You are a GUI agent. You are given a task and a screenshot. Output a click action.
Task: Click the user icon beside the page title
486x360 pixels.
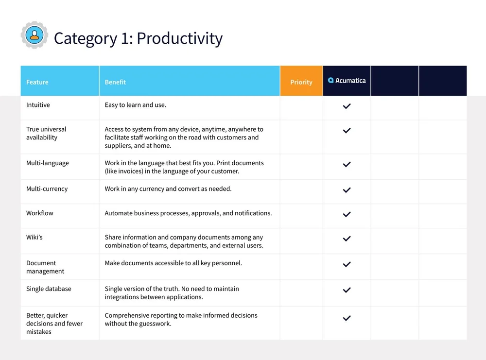[x=34, y=35]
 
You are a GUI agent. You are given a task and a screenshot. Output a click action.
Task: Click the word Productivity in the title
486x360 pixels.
[x=179, y=38]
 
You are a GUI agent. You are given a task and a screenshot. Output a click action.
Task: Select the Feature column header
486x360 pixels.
[x=37, y=82]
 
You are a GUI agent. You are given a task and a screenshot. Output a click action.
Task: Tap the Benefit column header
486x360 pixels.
[x=115, y=82]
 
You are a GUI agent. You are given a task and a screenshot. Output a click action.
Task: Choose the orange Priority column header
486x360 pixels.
[x=301, y=82]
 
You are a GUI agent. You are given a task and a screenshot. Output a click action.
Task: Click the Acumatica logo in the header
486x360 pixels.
[x=347, y=81]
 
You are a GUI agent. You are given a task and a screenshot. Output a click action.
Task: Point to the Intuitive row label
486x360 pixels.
[x=38, y=105]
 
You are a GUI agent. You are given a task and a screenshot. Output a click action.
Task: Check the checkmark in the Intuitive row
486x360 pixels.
[x=347, y=106]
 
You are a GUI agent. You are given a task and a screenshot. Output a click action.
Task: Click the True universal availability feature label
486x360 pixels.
[x=46, y=133]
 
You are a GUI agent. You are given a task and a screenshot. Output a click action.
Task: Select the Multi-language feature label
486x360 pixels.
[x=48, y=163]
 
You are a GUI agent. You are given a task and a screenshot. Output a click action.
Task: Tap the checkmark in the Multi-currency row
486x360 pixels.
[x=347, y=190]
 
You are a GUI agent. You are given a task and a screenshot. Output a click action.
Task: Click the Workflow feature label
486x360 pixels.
[x=40, y=213]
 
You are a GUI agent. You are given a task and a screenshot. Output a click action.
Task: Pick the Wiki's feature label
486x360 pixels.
[x=35, y=238]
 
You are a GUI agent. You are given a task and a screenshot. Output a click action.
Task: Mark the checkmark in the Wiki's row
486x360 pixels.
[x=347, y=239]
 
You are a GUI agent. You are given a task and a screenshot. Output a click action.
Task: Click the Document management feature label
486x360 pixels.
[x=45, y=267]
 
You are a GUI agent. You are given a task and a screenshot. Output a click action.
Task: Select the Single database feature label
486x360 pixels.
[x=49, y=289]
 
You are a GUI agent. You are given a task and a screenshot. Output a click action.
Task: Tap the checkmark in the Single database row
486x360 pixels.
[x=347, y=290]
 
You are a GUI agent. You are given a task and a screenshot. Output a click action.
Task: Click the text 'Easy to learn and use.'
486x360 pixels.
[x=136, y=105]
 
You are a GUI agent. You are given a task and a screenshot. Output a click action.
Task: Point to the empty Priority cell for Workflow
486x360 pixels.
[x=301, y=216]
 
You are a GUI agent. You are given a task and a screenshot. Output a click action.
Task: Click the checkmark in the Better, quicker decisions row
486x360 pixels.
[x=347, y=318]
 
